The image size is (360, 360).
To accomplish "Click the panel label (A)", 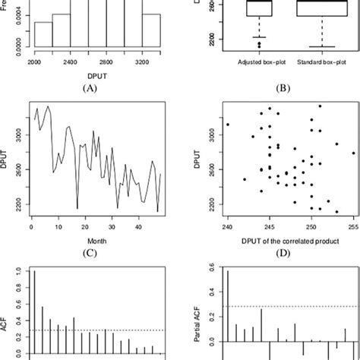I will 93,87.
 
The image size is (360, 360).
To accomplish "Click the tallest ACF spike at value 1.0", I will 34,311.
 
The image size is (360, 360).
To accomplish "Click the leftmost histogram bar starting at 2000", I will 43,34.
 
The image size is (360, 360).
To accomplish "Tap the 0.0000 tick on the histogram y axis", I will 17,46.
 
